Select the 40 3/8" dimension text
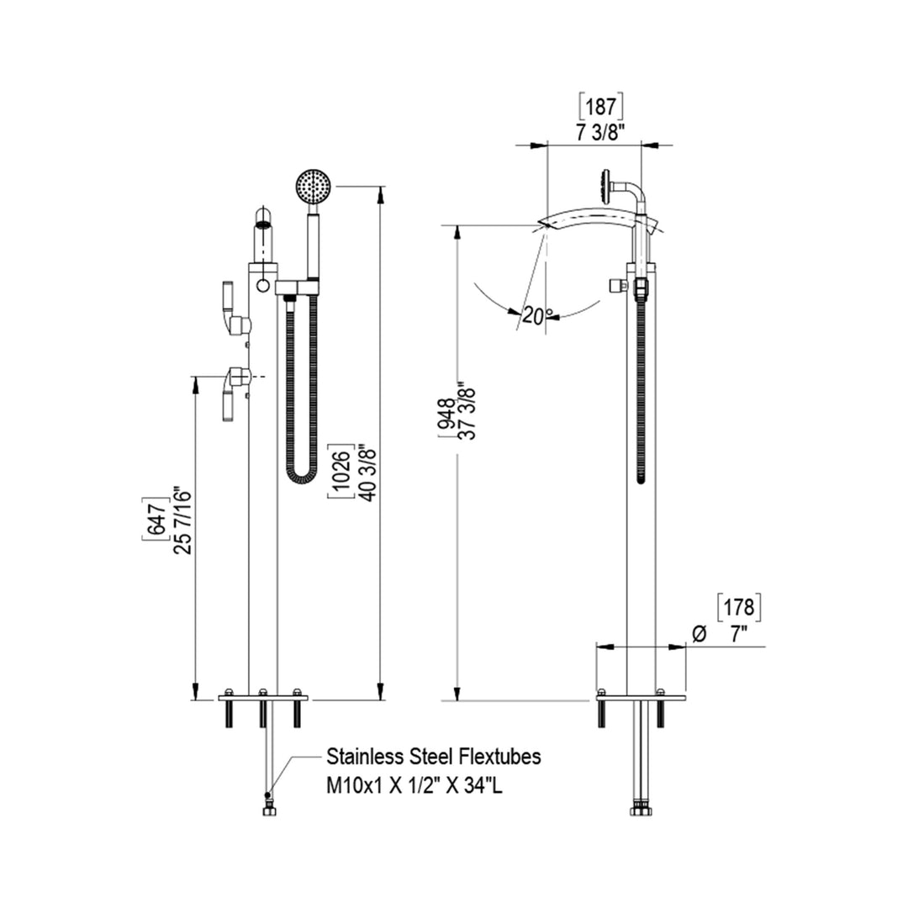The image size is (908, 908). [x=364, y=472]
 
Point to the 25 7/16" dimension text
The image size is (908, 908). [x=178, y=521]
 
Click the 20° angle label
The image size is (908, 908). [x=537, y=316]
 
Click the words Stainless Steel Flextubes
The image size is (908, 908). [x=434, y=756]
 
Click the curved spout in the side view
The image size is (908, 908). [x=597, y=222]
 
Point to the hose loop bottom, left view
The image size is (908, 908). [x=300, y=480]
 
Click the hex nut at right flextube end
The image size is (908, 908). [x=641, y=811]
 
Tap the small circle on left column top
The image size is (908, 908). [x=264, y=286]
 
